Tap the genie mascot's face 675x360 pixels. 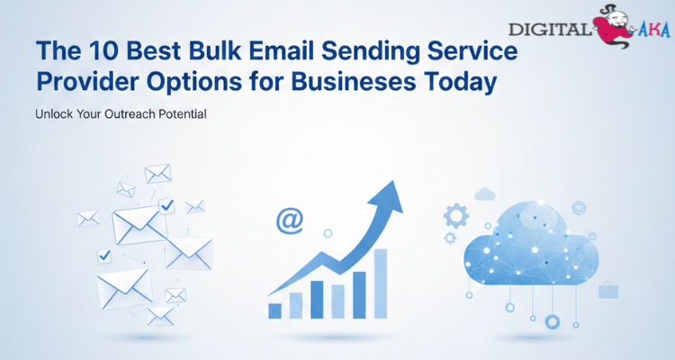pos(607,18)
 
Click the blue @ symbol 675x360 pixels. pos(289,220)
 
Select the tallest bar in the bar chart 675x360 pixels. pos(381,283)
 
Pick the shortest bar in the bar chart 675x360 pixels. pos(275,310)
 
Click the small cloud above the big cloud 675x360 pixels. pos(486,193)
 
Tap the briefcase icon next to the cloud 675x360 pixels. pos(608,290)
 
